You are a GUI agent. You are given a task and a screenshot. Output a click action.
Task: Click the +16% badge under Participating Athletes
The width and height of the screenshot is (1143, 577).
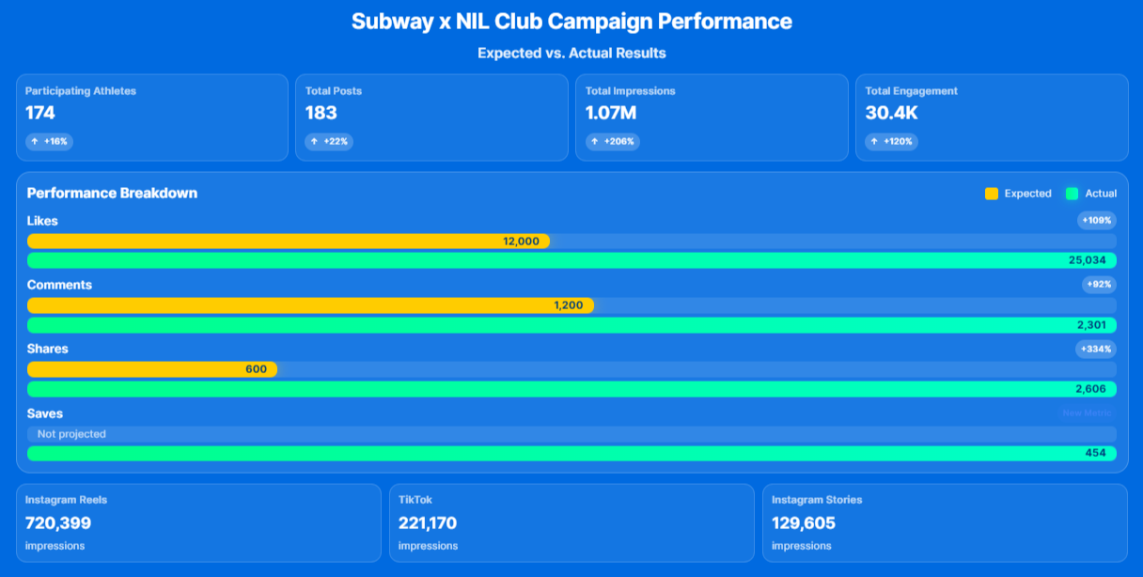49,142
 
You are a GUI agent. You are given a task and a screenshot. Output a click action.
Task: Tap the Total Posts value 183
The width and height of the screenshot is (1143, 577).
321,114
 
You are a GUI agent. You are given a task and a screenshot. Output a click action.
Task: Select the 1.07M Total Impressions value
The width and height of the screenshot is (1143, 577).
611,114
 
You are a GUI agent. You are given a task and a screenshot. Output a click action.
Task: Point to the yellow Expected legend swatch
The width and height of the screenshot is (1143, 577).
992,194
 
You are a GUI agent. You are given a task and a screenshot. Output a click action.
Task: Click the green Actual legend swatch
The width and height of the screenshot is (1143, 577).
1072,194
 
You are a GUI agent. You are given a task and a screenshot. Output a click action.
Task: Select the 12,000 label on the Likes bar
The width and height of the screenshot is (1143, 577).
521,242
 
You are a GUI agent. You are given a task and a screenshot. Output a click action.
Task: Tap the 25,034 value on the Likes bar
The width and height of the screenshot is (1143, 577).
1088,260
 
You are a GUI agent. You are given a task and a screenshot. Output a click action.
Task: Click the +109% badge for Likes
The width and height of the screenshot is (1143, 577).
1097,221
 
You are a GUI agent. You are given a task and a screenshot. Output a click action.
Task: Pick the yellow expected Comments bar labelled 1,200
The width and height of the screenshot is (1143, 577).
310,305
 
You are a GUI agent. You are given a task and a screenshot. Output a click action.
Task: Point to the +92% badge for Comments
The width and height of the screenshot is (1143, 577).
1099,285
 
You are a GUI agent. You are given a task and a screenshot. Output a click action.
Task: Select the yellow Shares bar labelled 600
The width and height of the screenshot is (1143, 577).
152,369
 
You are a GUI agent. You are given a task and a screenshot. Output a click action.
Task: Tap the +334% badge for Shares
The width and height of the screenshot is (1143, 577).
1096,349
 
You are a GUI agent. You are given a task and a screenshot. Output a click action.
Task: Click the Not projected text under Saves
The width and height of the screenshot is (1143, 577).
71,434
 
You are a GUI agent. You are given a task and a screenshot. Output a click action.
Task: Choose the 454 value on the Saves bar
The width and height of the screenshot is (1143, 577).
1095,453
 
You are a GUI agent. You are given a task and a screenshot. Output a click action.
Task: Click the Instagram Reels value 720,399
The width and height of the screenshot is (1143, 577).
58,523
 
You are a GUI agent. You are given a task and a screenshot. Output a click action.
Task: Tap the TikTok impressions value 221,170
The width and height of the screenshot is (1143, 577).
427,523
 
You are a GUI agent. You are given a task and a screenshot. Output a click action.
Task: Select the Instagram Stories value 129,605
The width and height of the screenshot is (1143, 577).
804,523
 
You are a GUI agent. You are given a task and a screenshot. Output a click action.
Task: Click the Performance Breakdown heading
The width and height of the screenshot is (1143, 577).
112,194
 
